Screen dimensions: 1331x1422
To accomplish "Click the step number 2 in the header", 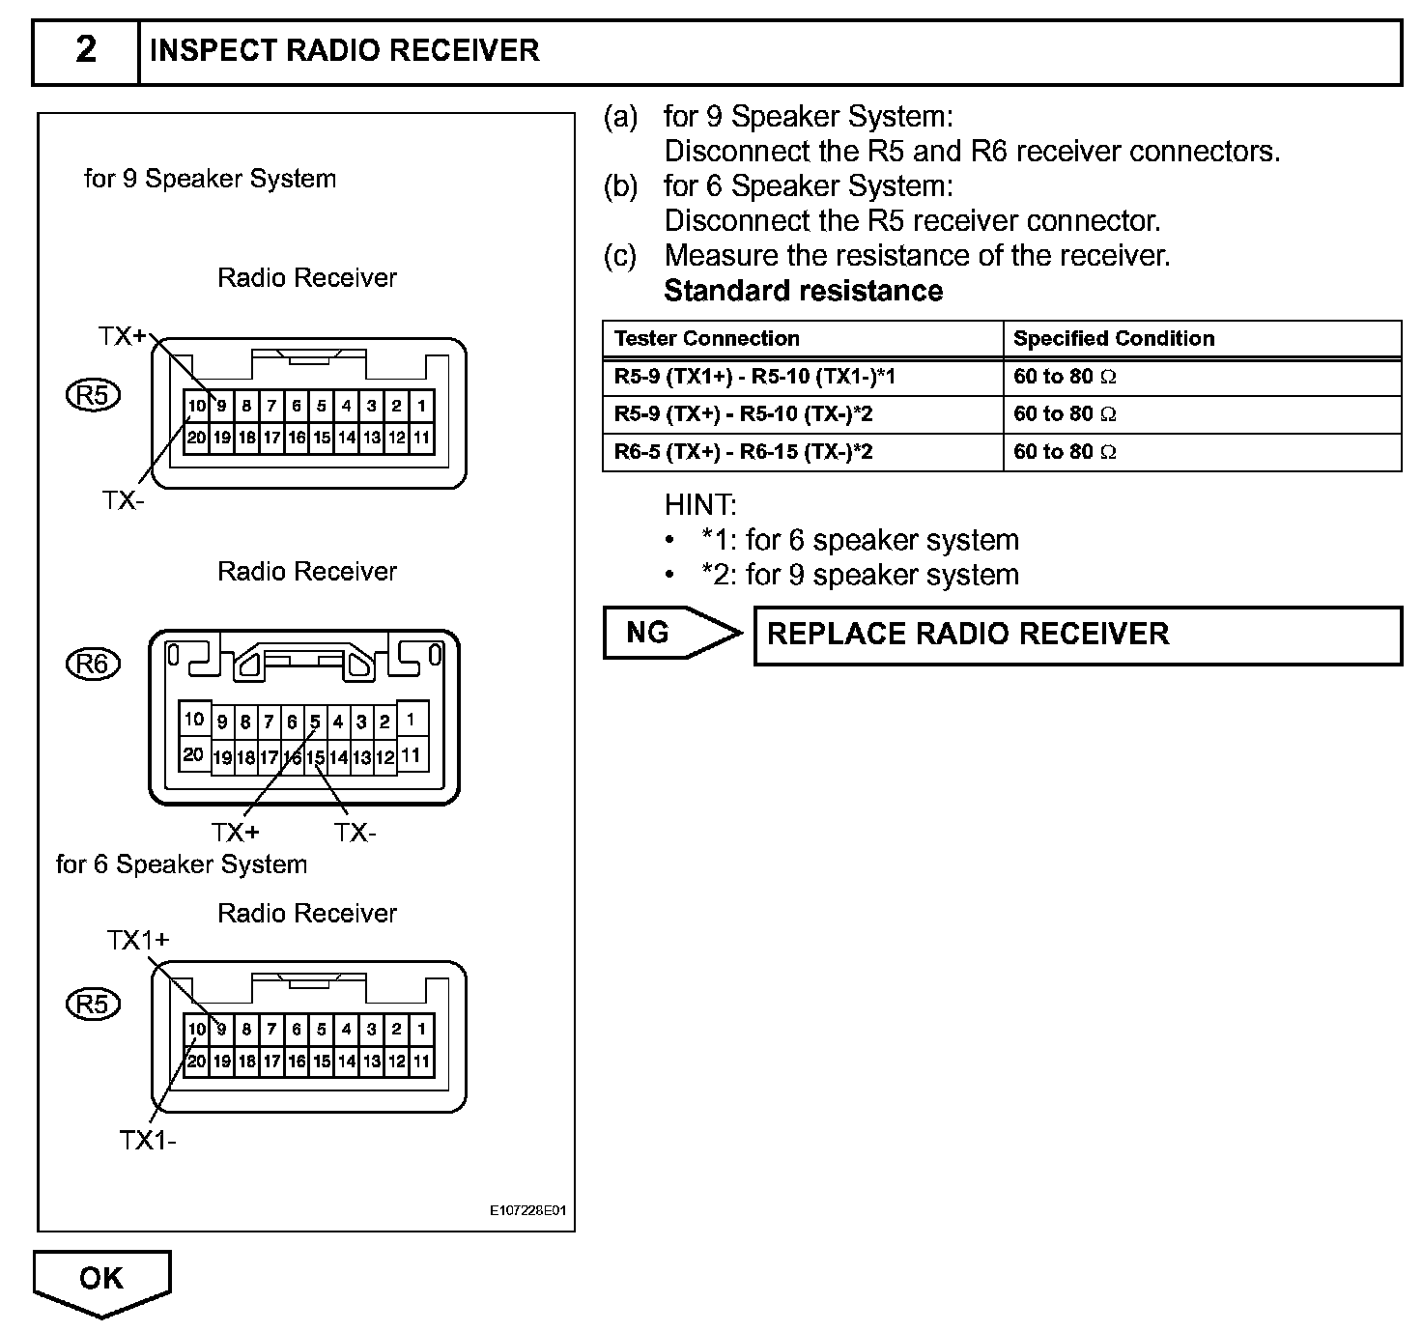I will [x=86, y=50].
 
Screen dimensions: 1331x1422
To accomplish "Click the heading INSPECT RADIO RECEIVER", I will [x=344, y=50].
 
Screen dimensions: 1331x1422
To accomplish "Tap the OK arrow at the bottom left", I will [x=101, y=1280].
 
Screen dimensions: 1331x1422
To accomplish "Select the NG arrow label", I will [x=648, y=633].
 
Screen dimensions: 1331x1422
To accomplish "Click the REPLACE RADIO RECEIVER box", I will [x=1076, y=635].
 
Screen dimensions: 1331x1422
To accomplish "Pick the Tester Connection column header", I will [x=707, y=339].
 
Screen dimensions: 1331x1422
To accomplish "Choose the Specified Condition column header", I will [x=1113, y=339].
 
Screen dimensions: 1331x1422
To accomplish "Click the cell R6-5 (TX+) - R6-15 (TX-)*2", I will [x=744, y=452].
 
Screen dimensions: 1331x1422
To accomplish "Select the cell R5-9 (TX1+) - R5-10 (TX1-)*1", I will [x=754, y=377].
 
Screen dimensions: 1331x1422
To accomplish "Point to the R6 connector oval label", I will [x=93, y=664].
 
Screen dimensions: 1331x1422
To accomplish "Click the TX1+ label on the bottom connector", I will [x=138, y=940].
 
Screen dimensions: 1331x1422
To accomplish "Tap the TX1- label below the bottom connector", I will [x=148, y=1141].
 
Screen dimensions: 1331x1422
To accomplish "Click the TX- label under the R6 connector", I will [x=355, y=833].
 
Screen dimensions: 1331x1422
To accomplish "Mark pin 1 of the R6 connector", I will [x=412, y=720].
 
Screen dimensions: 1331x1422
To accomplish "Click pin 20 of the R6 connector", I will [x=193, y=755].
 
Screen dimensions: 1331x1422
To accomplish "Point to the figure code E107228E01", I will [x=527, y=1210].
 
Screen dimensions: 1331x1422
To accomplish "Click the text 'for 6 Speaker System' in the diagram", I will [x=182, y=864].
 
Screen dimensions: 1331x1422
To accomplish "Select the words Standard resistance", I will [x=803, y=291].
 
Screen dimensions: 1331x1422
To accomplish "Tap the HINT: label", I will [x=700, y=505].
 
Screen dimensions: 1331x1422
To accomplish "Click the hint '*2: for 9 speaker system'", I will [x=860, y=575].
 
